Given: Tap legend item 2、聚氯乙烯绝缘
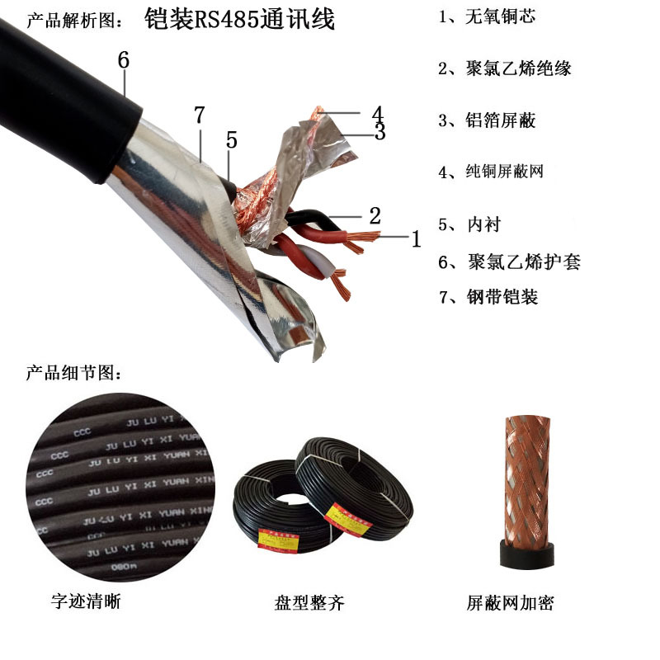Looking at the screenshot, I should click(504, 68).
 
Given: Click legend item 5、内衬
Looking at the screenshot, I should click(469, 224).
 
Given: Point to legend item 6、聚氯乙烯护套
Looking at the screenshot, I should click(509, 262).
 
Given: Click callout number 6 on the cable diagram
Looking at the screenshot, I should click(123, 60).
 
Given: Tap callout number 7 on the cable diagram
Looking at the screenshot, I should click(198, 116).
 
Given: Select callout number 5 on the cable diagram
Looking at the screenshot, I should click(232, 140).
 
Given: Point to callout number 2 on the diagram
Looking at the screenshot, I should click(375, 216).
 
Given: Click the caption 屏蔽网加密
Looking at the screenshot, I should click(510, 603).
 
